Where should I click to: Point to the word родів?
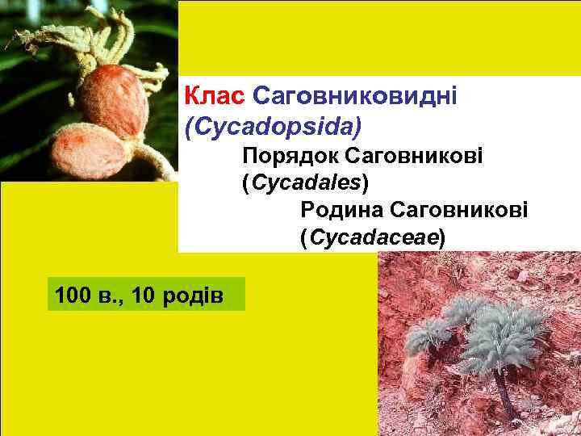coord(194,296)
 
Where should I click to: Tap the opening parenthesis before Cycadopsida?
coord(189,126)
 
